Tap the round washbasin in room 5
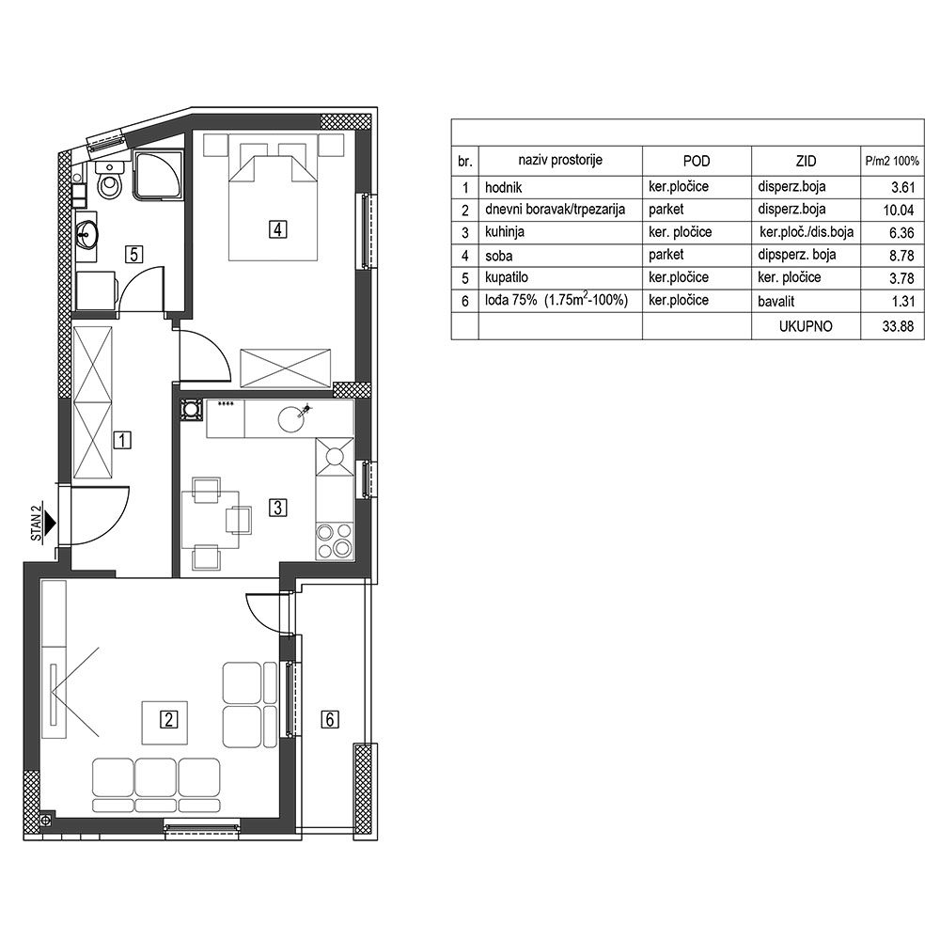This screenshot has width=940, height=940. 87,233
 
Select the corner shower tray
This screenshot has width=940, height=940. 157,175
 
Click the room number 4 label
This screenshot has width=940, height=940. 278,229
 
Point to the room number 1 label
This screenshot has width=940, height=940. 122,441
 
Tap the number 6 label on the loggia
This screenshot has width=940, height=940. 330,718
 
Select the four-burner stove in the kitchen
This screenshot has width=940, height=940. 335,540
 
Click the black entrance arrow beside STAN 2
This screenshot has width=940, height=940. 51,524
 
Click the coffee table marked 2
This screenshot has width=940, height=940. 164,722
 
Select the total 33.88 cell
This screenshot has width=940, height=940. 898,327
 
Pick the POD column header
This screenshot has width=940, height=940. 696,161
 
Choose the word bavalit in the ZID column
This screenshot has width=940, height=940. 775,301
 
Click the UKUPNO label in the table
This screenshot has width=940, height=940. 806,327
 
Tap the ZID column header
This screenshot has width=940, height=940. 806,161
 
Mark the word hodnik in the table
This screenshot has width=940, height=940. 504,187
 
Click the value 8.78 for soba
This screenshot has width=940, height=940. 902,256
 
